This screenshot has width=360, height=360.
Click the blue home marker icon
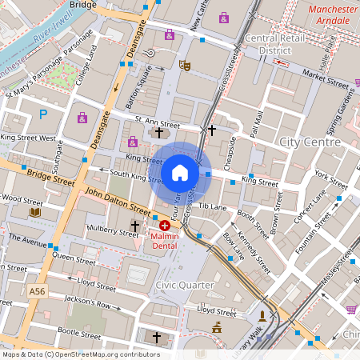[180, 172]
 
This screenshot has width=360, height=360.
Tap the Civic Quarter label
[185, 284]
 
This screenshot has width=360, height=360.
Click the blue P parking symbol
[44, 114]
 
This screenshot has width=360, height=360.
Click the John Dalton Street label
[117, 201]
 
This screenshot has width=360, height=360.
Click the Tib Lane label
[213, 206]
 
